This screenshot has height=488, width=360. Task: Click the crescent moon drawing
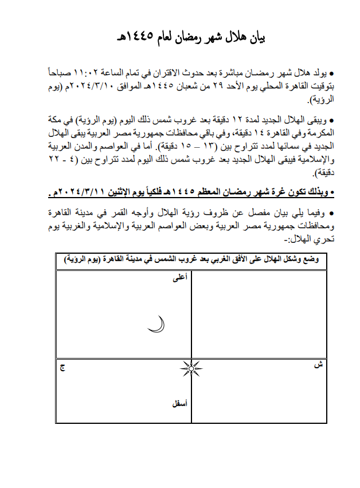pos(156,325)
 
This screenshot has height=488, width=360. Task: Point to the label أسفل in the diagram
pos(179,403)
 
